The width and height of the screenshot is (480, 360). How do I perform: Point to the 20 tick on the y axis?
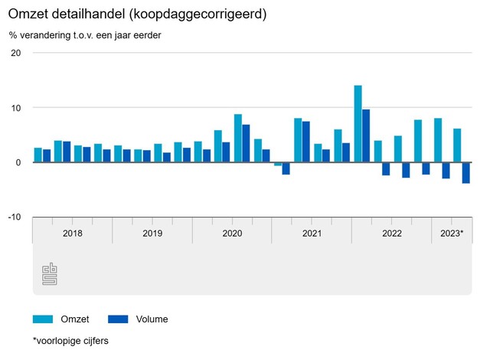point(16,53)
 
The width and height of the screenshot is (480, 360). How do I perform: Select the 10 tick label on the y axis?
point(16,108)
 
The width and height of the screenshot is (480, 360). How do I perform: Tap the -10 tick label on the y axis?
point(15,218)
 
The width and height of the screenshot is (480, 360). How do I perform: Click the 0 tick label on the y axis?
point(18,162)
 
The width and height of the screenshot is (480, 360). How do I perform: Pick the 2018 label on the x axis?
point(72,233)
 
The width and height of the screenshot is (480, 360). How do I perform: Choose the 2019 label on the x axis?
point(152,233)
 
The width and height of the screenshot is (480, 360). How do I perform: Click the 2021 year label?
point(312,233)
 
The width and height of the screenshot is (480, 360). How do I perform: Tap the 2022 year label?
point(391,233)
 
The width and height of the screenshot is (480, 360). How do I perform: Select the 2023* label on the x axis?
point(451,233)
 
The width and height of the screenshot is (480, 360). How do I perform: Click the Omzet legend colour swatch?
point(43,319)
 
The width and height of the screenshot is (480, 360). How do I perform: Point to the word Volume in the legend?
point(152,319)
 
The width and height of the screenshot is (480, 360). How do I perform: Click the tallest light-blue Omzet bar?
point(358,124)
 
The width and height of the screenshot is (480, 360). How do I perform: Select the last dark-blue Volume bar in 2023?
point(465,173)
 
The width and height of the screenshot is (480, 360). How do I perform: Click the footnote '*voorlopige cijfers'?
point(70,341)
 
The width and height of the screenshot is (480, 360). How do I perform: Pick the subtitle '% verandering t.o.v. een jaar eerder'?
point(85,35)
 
